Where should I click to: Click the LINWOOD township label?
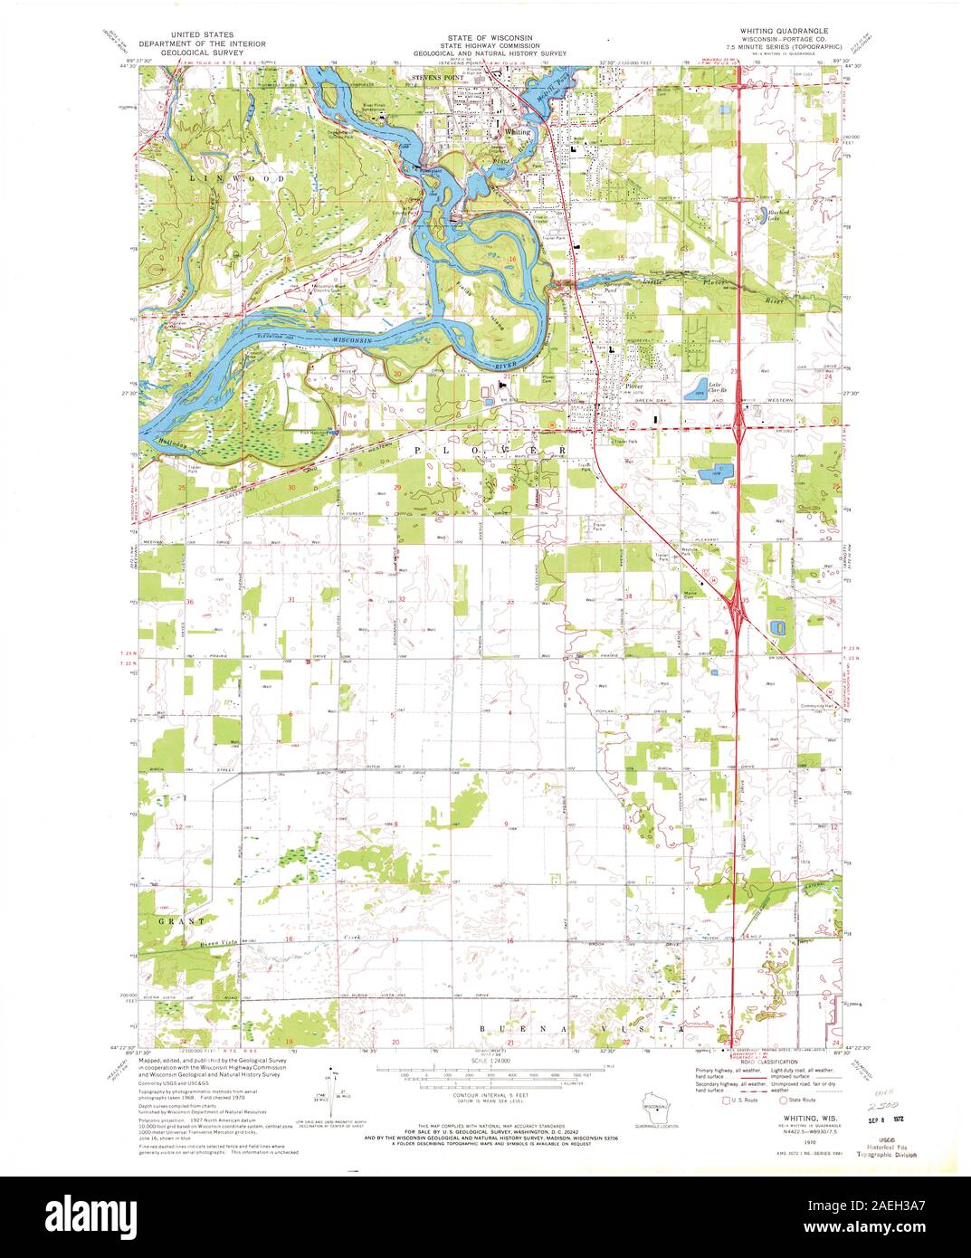[235, 179]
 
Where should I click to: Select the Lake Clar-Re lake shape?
[696, 391]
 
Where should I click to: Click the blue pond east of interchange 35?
[776, 627]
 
